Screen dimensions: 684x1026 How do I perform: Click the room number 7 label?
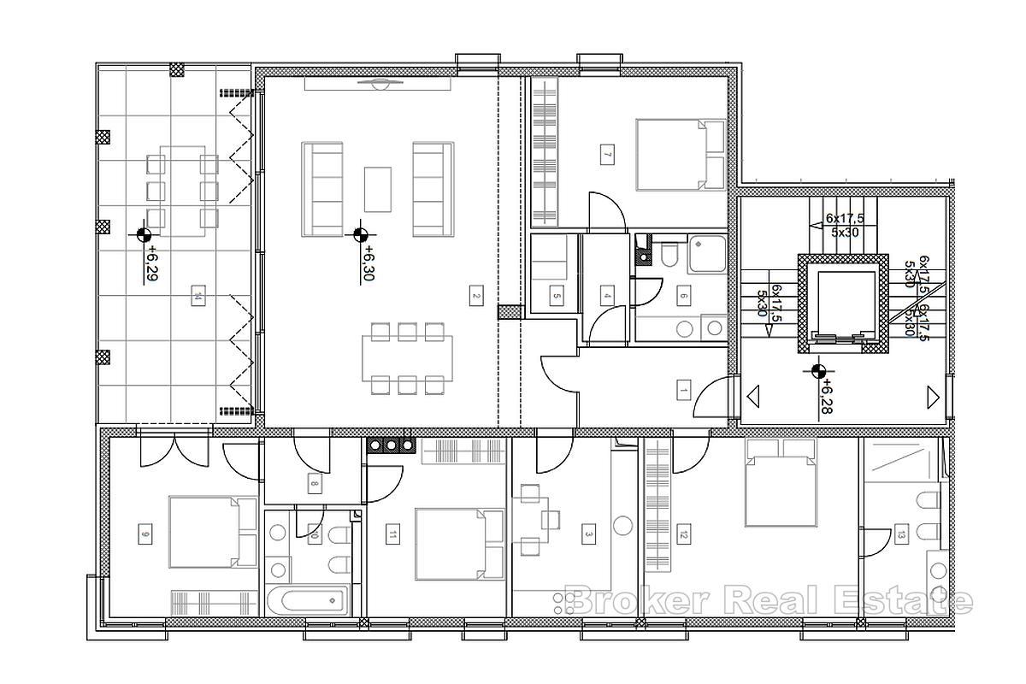[x=607, y=155]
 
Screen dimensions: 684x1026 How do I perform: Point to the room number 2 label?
[x=475, y=297]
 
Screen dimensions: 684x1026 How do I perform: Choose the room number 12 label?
[x=682, y=536]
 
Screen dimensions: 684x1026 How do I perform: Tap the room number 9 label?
[x=144, y=535]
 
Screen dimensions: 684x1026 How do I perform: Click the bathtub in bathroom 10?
[x=308, y=600]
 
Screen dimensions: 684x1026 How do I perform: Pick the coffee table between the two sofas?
[x=378, y=188]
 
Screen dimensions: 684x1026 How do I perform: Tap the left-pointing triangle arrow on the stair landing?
[x=754, y=397]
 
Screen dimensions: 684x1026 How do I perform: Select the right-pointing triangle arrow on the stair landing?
[x=933, y=397]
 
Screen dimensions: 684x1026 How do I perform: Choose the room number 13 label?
[x=902, y=536]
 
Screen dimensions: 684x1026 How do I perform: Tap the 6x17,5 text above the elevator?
[x=844, y=219]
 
